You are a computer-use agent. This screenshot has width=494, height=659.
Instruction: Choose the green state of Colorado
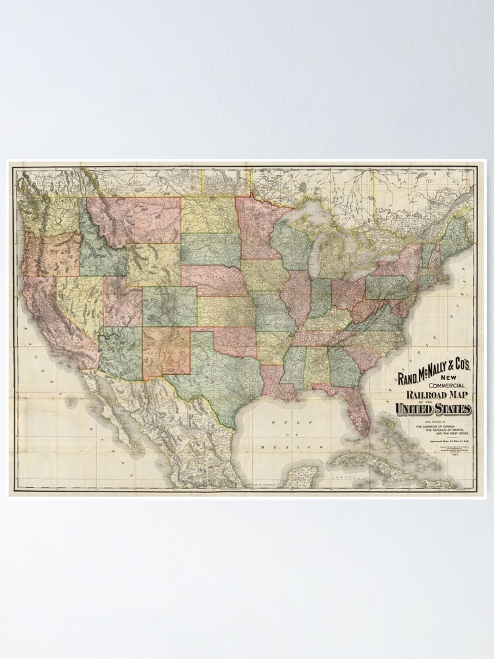[169, 306]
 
